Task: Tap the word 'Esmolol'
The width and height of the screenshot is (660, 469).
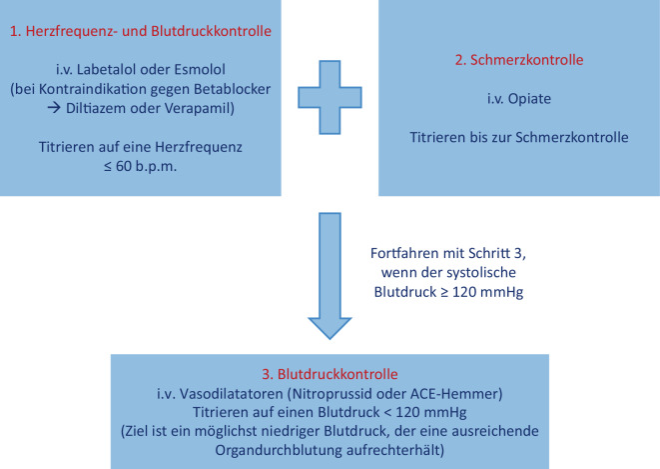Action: [x=226, y=73]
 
